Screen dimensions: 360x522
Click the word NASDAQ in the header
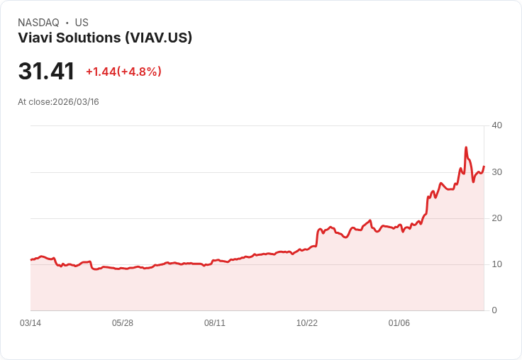[38, 23]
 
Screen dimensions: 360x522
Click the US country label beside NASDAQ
[82, 23]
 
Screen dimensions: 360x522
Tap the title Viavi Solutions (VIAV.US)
[105, 38]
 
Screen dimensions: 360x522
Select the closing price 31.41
[46, 72]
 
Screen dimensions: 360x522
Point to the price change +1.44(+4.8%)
[123, 72]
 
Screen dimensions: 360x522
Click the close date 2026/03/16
[76, 102]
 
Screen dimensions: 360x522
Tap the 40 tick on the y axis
[497, 125]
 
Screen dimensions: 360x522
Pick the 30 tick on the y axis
[497, 172]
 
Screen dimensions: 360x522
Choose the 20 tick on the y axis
[497, 218]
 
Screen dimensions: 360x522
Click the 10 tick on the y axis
[497, 264]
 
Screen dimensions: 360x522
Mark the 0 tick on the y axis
[494, 310]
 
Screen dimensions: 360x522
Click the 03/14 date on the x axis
[30, 323]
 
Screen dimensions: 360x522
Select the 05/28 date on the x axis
[123, 323]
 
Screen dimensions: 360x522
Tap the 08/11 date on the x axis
[215, 323]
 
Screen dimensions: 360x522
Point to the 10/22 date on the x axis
[307, 323]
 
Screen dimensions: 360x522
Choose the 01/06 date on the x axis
[399, 323]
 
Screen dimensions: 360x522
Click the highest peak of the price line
[466, 147]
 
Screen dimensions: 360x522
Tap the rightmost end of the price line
[484, 167]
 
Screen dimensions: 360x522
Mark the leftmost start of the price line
[30, 260]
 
